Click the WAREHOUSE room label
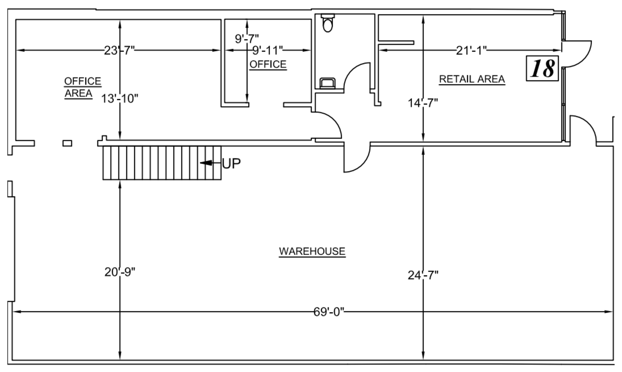[x=312, y=251]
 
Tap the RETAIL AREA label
[x=472, y=79]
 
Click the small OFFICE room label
[x=268, y=64]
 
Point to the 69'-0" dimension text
[x=329, y=312]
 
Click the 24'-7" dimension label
[x=423, y=275]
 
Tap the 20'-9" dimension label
[x=120, y=272]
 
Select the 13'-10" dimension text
[x=119, y=98]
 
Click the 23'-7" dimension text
[x=119, y=50]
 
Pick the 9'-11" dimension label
[x=267, y=50]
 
